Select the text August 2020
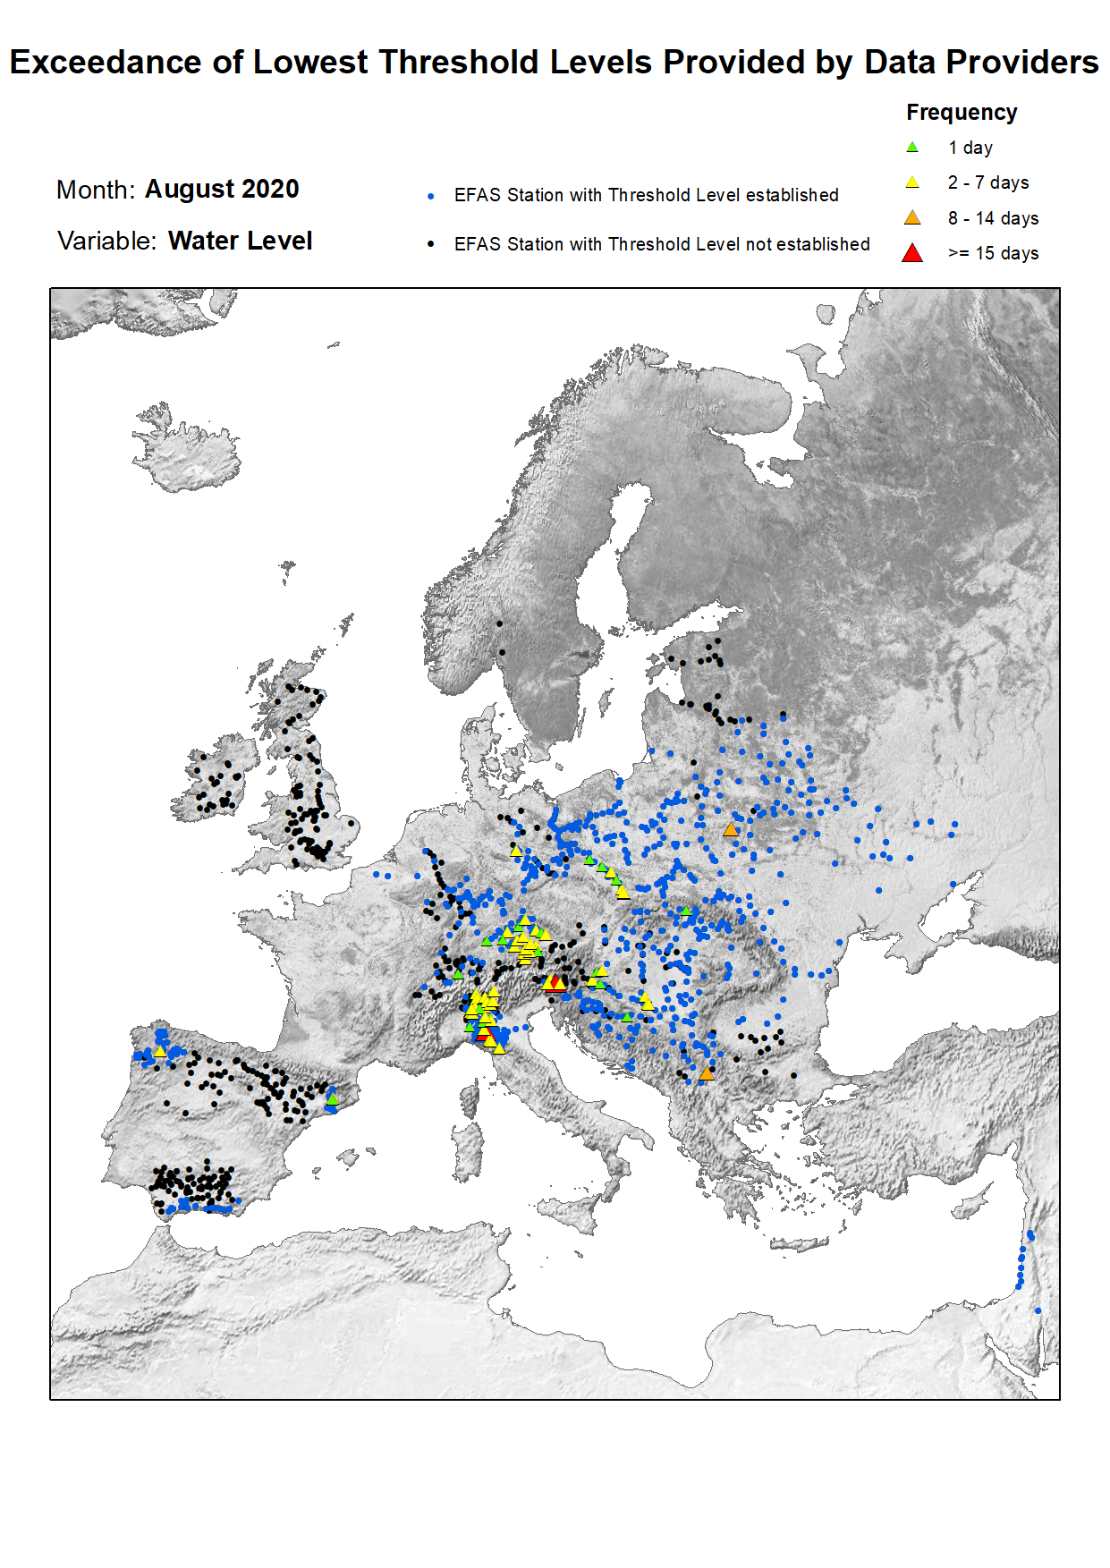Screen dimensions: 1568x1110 pyautogui.click(x=222, y=190)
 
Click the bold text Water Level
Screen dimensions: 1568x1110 pyautogui.click(x=240, y=242)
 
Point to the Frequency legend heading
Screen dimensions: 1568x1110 pyautogui.click(x=962, y=113)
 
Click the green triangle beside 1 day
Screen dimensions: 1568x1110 pyautogui.click(x=912, y=148)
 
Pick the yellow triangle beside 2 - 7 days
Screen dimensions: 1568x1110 pyautogui.click(x=912, y=182)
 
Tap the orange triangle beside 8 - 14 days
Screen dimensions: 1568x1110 pyautogui.click(x=912, y=218)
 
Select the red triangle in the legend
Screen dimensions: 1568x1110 pyautogui.click(x=912, y=254)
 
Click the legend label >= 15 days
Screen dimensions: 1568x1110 pyautogui.click(x=993, y=254)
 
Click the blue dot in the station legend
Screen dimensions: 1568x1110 pyautogui.click(x=431, y=196)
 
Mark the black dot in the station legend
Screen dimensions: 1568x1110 pyautogui.click(x=431, y=244)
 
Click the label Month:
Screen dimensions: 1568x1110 pyautogui.click(x=95, y=191)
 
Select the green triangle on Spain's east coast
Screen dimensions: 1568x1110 pyautogui.click(x=332, y=1098)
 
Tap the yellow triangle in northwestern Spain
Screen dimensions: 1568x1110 pyautogui.click(x=160, y=1052)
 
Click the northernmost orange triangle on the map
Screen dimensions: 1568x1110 pyautogui.click(x=731, y=830)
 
